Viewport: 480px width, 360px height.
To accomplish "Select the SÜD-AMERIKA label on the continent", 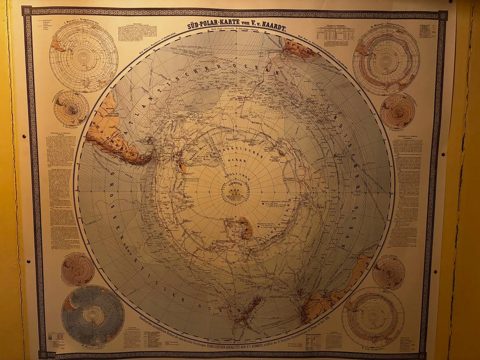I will pos(108,135).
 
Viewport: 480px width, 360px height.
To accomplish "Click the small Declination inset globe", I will pos(71,108).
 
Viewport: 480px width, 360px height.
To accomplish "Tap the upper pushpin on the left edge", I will pos(24,135).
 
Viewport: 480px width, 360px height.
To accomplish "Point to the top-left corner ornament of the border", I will pos(27,10).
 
